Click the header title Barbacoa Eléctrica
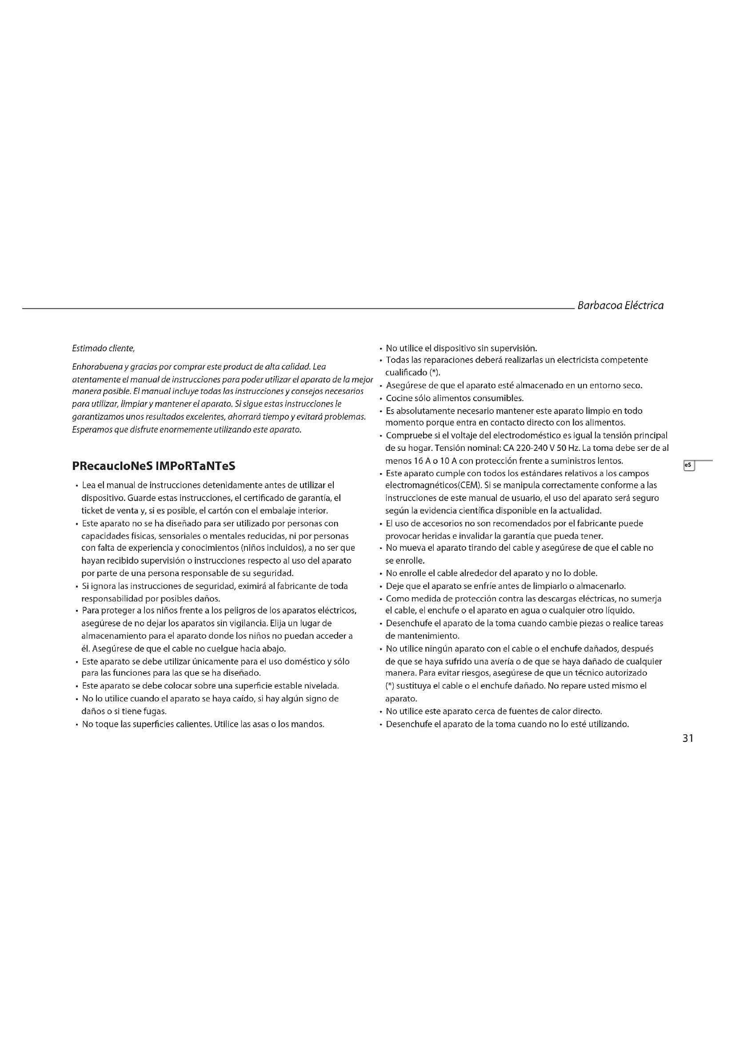click(x=620, y=306)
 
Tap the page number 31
click(x=688, y=738)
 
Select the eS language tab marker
click(x=688, y=465)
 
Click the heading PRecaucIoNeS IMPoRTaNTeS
click(x=154, y=466)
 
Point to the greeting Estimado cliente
click(x=104, y=348)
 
